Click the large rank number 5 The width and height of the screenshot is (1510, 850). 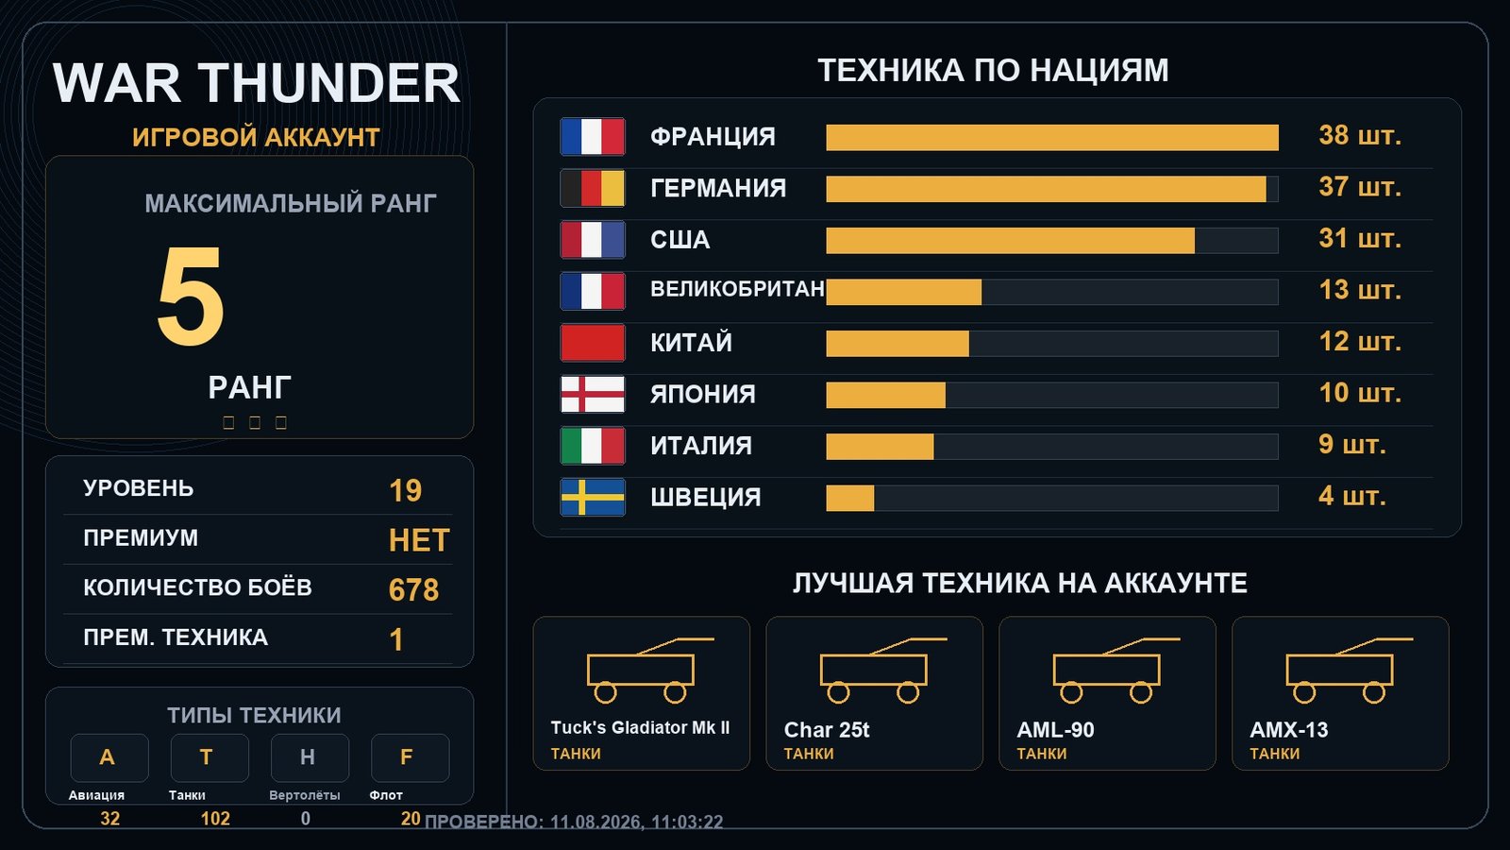tap(190, 296)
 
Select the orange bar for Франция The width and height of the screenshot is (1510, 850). tap(1051, 138)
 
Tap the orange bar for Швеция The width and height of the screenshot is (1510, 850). tap(850, 499)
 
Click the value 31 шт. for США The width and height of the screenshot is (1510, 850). tap(1360, 238)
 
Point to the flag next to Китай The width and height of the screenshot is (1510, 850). tap(593, 343)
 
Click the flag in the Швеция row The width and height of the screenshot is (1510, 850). tap(593, 497)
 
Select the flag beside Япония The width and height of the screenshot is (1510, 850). tap(593, 394)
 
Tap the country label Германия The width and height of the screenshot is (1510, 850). tap(718, 188)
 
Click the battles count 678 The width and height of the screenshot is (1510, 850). tap(413, 589)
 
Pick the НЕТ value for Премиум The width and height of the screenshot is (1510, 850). tap(419, 540)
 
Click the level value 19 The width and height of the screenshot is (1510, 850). tap(405, 490)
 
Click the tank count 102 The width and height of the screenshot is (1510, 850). tap(215, 818)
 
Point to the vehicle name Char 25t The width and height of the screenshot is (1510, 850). tap(827, 730)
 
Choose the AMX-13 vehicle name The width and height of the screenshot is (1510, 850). tap(1288, 730)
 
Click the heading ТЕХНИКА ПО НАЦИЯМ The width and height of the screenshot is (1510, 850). tap(993, 71)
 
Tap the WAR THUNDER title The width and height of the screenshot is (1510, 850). tap(256, 83)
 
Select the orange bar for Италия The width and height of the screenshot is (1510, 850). tap(880, 447)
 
